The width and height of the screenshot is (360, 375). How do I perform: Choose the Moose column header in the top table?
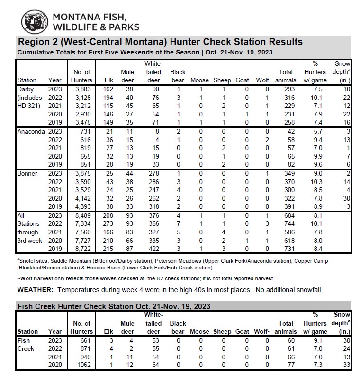pos(199,80)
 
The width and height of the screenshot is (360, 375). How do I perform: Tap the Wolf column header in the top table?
pos(262,80)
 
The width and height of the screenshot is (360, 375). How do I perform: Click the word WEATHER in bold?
pos(36,289)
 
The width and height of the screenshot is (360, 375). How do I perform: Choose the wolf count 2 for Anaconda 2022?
pos(267,139)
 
